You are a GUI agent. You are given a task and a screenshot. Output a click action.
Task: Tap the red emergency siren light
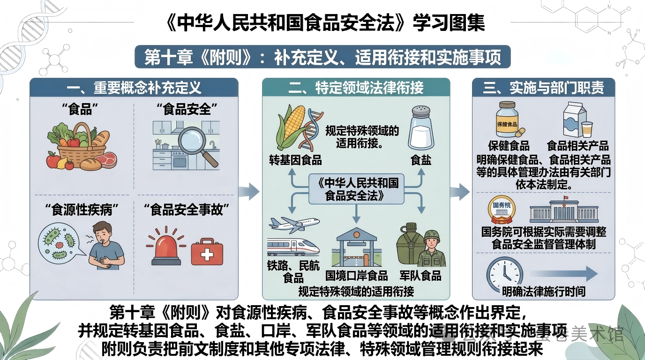(x=166, y=248)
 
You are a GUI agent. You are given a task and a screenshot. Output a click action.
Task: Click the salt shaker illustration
(x=421, y=128)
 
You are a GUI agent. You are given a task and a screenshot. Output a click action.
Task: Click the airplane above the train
(x=294, y=225)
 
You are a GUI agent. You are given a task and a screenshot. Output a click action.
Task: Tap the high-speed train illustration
(x=293, y=247)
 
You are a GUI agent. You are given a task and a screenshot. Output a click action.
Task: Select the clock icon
(x=504, y=274)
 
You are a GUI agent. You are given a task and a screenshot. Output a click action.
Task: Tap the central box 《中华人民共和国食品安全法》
(x=356, y=189)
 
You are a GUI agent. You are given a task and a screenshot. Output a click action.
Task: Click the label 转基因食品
(x=295, y=160)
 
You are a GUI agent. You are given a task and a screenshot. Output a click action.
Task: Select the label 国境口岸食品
(x=356, y=276)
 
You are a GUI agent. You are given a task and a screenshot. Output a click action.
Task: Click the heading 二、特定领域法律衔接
(x=356, y=88)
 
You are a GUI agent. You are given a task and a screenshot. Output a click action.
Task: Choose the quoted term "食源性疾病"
(x=82, y=210)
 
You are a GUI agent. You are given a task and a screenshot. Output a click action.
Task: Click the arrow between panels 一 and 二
(x=249, y=191)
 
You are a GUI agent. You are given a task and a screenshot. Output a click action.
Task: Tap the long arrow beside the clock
(x=564, y=274)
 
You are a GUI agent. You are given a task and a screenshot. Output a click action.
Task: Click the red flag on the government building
(x=565, y=198)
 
